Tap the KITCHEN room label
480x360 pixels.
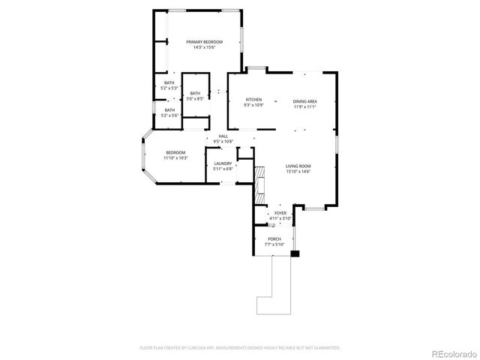click(x=253, y=100)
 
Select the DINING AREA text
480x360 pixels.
click(x=304, y=101)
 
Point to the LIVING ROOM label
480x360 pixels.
click(x=298, y=166)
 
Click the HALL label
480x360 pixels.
click(x=223, y=136)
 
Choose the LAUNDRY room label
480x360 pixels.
click(x=223, y=163)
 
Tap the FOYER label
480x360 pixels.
click(x=280, y=213)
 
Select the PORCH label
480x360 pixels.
click(x=274, y=239)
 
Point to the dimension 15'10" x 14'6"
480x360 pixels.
click(x=298, y=172)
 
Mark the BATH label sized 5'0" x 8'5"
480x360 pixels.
click(x=195, y=93)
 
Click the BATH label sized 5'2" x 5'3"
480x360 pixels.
click(x=169, y=83)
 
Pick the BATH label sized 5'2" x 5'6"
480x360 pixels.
click(x=169, y=110)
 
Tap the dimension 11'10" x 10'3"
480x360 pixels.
click(x=176, y=158)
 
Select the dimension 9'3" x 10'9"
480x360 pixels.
click(x=253, y=106)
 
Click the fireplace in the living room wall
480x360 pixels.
click(x=260, y=184)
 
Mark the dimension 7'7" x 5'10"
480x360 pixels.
click(x=274, y=244)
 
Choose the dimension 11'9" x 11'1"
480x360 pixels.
click(x=304, y=106)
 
